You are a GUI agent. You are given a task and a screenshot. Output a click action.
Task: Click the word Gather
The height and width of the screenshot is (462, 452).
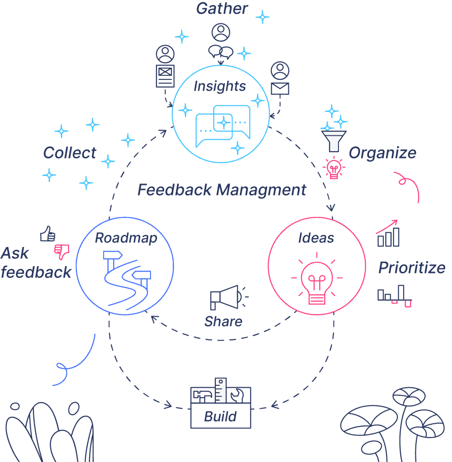tap(222, 8)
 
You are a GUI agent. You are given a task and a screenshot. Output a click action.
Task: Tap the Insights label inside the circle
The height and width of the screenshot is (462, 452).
tap(219, 86)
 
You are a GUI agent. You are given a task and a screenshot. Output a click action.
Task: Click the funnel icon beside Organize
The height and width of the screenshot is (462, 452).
tap(333, 141)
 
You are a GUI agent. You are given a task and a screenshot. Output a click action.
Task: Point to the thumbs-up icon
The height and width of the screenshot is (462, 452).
tap(48, 234)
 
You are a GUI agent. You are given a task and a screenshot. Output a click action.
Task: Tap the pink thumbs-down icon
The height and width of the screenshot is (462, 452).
tap(62, 252)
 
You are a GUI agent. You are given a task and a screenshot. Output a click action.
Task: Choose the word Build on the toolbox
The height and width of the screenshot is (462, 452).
tap(220, 416)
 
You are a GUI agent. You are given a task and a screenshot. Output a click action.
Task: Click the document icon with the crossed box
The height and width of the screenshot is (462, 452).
tap(165, 76)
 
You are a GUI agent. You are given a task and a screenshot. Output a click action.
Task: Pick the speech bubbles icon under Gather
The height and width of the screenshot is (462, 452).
tap(221, 52)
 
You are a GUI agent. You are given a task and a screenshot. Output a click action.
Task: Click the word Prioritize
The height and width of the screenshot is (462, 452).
tap(412, 268)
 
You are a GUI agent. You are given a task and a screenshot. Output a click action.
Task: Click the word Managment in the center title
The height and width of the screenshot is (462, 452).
tap(261, 190)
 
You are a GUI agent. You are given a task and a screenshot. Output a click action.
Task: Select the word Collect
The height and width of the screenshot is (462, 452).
tap(70, 152)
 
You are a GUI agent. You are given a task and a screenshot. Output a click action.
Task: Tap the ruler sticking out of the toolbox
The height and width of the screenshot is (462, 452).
tap(220, 390)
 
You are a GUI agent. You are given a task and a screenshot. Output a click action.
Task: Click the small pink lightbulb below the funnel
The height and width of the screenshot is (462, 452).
tap(333, 168)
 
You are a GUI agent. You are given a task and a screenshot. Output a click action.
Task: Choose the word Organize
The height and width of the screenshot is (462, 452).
tap(383, 153)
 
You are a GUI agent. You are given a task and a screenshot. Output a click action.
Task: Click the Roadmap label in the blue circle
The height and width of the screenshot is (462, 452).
tap(126, 238)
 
